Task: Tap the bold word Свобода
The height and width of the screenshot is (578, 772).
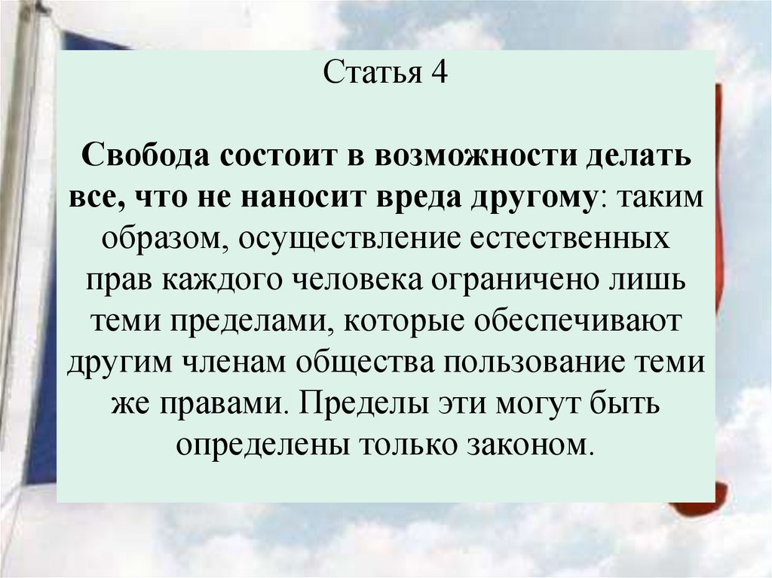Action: coord(146,159)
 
